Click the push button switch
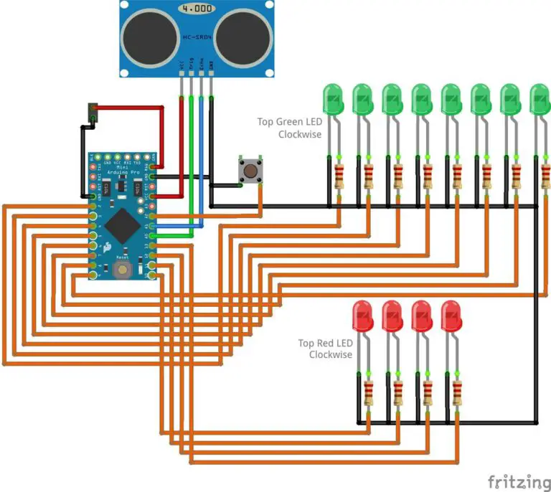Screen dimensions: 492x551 click(x=249, y=171)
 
